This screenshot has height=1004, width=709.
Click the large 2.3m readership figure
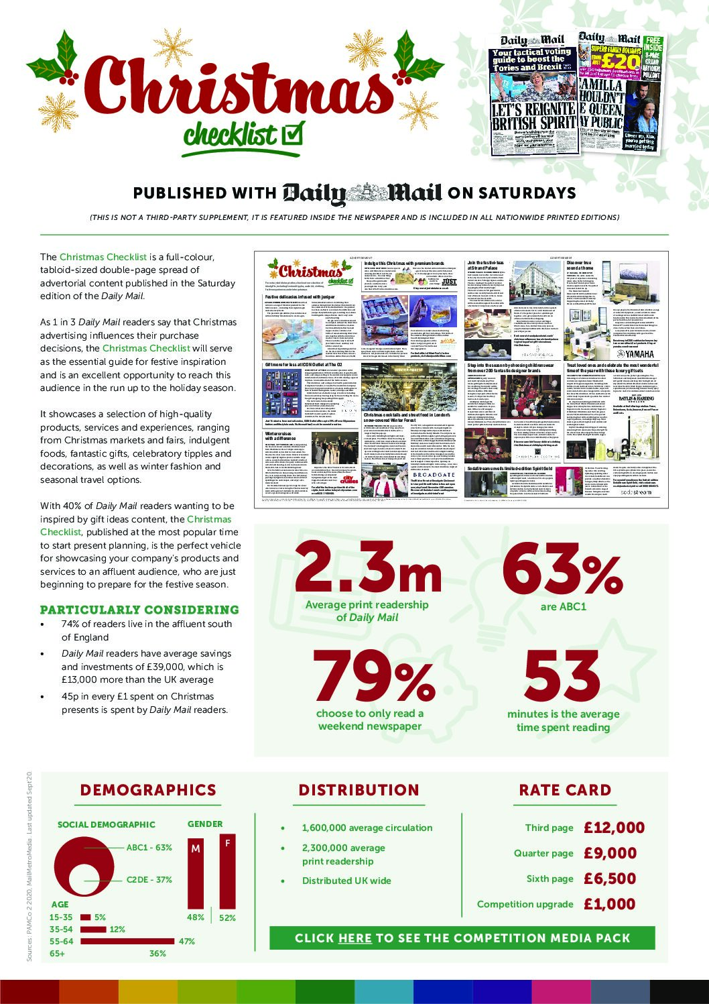point(367,565)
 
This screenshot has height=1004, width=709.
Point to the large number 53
point(562,677)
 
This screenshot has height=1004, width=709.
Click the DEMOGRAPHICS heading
point(148,790)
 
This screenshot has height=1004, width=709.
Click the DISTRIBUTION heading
point(359,790)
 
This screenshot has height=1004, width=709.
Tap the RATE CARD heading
point(565,790)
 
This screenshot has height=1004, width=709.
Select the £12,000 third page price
point(614,828)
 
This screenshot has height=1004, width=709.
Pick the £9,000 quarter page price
point(610,853)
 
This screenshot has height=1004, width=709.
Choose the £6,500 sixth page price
point(610,879)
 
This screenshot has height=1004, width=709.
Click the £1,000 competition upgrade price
point(610,904)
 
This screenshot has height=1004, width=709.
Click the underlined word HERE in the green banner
point(355,938)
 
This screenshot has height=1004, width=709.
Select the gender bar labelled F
point(228,872)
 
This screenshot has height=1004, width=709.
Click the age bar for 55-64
point(127,942)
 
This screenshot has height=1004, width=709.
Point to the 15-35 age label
point(61,917)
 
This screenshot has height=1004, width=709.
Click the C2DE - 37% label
point(149,879)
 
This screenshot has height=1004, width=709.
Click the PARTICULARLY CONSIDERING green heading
point(139,610)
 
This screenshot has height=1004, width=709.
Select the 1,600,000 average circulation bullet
point(367,828)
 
